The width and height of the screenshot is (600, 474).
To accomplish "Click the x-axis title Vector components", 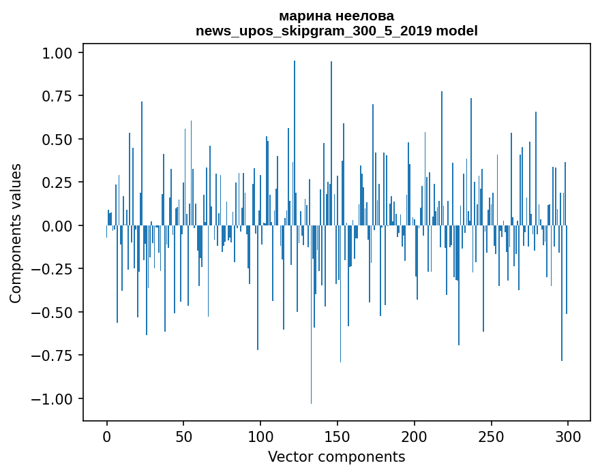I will (x=336, y=456).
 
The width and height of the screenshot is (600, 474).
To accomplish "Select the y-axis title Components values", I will (x=16, y=233).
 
